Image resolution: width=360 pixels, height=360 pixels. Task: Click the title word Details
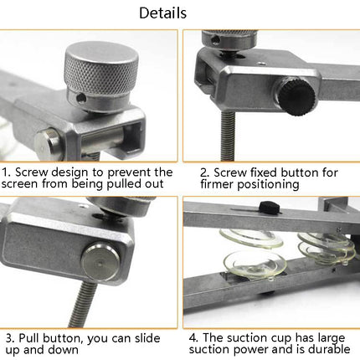coord(162,13)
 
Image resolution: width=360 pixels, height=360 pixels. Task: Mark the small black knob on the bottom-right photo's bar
coord(268,209)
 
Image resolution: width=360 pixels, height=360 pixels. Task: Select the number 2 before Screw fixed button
coord(203,172)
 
